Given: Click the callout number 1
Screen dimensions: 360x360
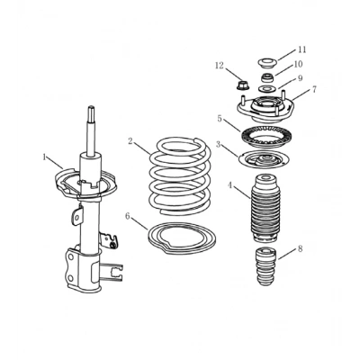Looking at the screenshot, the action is point(45,157).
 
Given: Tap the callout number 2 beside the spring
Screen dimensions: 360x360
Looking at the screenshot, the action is point(130,141).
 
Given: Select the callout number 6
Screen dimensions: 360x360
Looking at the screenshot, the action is point(128,216).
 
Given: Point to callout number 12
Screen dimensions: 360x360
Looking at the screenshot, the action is point(220,65).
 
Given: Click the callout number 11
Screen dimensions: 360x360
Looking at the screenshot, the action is point(301,49).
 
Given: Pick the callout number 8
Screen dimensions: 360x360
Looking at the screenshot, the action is point(300,248).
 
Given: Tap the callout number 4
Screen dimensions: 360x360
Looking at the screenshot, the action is point(230,185).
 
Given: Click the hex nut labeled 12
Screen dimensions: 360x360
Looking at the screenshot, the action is point(240,85).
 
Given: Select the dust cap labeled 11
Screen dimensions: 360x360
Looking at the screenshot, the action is point(267,64).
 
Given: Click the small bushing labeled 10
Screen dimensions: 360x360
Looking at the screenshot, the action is point(266,77).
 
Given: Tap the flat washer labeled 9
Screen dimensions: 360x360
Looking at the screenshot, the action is point(266,89).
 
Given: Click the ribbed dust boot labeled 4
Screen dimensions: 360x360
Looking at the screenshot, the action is point(264,209).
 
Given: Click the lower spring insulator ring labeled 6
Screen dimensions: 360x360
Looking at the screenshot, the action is point(182,238).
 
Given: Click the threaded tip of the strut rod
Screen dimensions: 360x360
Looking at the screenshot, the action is point(92,113).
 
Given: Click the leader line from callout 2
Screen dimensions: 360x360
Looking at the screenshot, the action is point(142,148).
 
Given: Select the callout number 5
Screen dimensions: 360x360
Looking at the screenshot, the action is point(220,119).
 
